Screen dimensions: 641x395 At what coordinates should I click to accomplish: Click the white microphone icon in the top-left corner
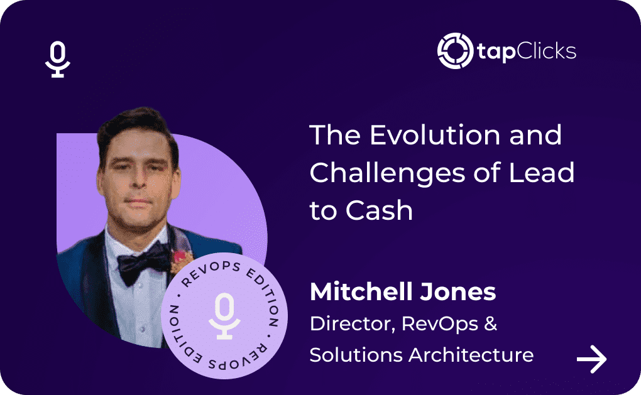(x=58, y=59)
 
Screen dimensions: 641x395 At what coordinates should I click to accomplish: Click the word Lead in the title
(x=541, y=172)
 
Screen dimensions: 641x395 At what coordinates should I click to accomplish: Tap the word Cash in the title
(x=379, y=210)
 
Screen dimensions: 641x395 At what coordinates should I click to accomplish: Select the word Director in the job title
(x=353, y=324)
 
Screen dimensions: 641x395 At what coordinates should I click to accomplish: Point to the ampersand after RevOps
(x=490, y=323)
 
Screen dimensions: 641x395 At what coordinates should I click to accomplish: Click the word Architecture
(x=471, y=355)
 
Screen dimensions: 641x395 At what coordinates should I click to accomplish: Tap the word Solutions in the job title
(x=356, y=355)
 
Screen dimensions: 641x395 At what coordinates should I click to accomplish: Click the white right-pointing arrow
(x=591, y=359)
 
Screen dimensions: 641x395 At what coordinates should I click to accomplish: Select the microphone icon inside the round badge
(x=224, y=316)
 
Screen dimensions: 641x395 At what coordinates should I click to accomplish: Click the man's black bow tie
(x=143, y=262)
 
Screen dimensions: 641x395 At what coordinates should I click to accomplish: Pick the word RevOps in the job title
(x=440, y=325)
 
